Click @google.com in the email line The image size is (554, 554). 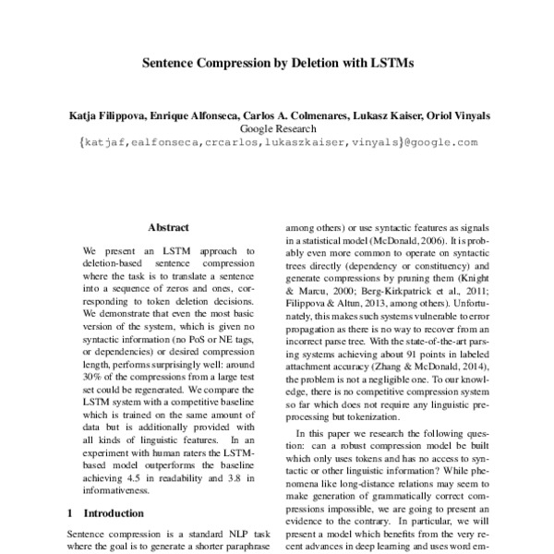pyautogui.click(x=439, y=143)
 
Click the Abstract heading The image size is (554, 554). pyautogui.click(x=168, y=227)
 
